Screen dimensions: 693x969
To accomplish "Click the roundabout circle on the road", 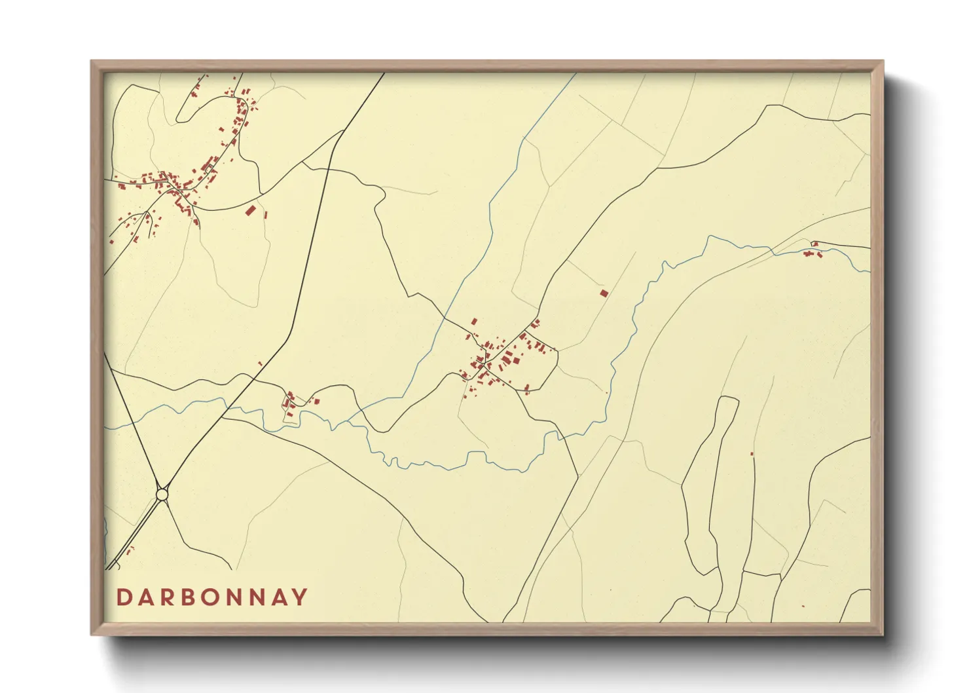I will tap(162, 494).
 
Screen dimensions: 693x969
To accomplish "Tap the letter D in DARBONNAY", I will tap(123, 597).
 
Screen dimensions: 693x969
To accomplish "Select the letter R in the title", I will tap(167, 597).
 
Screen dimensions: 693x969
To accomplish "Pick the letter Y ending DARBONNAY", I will tap(300, 597).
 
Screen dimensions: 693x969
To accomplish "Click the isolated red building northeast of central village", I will tap(604, 293).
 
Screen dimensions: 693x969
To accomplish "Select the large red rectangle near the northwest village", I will tap(249, 210).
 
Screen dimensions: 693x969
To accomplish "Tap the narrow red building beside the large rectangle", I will tap(266, 214).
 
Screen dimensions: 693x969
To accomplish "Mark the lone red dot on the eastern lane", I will tap(752, 454).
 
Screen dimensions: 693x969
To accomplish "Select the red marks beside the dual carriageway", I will tap(130, 550).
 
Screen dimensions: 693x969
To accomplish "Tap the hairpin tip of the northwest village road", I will tap(177, 121).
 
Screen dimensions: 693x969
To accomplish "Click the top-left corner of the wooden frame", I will tap(92, 62).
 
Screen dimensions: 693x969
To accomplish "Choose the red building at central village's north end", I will tap(474, 322).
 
